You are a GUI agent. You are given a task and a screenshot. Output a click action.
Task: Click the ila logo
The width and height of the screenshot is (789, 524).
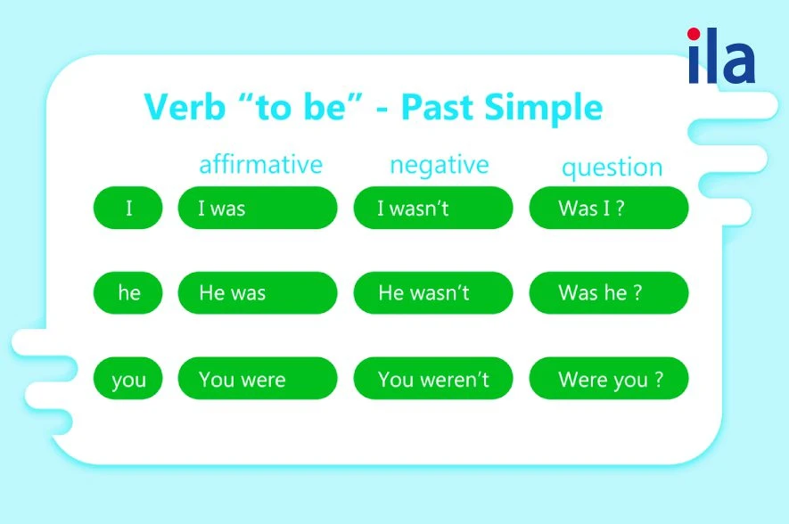point(721,55)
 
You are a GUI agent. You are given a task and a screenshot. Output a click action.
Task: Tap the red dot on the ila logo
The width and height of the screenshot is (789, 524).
point(694,34)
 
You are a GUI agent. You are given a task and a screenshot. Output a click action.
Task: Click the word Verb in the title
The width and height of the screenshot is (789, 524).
point(185,107)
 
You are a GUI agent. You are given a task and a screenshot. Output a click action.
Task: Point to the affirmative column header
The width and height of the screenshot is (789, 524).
point(260,164)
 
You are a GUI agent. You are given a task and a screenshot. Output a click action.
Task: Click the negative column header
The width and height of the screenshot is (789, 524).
point(440,166)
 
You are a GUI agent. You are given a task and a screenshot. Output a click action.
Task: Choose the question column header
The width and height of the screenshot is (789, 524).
point(612,168)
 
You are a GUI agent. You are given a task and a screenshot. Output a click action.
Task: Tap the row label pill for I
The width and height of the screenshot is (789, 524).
point(127,208)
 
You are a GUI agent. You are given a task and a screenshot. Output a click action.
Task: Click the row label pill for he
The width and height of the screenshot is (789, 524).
point(127,292)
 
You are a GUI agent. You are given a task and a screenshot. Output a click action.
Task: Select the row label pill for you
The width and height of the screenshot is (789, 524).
point(127,378)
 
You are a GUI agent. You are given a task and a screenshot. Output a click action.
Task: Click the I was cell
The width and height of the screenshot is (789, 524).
point(258,208)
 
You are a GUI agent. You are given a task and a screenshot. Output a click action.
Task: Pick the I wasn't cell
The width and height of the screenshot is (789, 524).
point(433,208)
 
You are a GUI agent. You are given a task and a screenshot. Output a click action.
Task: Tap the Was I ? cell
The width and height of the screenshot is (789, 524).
point(609,208)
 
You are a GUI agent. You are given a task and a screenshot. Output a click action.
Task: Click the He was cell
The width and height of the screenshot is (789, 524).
point(258,292)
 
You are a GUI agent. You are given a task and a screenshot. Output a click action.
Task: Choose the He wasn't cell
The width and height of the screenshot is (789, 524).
point(433,292)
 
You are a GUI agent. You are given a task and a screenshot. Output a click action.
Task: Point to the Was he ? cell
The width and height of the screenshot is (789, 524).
point(609,292)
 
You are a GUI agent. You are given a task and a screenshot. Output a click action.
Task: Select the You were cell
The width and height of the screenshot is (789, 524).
point(258,378)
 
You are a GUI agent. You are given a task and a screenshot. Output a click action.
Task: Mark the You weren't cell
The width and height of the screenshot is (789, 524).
point(433,378)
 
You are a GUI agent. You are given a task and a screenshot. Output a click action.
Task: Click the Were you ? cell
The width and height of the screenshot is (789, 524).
point(609,378)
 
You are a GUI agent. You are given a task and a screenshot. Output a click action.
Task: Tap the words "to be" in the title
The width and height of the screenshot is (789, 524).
point(302,107)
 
